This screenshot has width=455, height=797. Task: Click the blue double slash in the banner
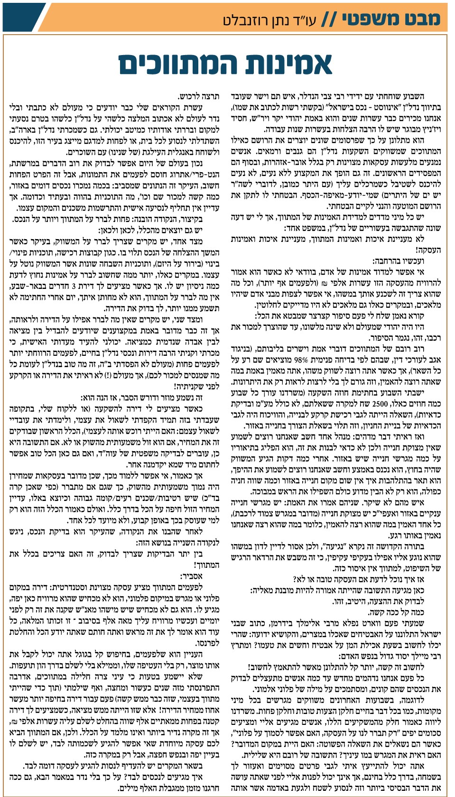pos(328,19)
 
